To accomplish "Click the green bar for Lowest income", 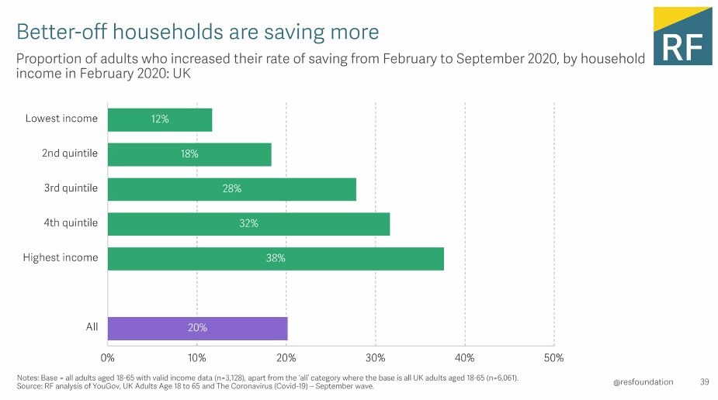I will pos(159,119).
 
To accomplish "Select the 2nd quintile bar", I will pos(189,154).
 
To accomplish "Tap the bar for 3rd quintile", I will pos(231,189).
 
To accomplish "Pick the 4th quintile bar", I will pos(248,224).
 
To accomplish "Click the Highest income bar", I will pos(276,259).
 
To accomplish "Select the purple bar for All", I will pos(197,328).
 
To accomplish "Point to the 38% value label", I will pos(276,259).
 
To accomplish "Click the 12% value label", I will pos(160,119).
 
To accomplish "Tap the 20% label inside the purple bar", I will pos(197,328).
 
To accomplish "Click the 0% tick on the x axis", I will pos(108,358).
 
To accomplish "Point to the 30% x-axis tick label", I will pos(375,358).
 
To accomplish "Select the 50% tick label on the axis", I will pos(553,358).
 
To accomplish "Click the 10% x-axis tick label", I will pos(197,358).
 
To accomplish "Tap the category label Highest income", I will pos(61,257).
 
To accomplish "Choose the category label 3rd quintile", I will pos(70,188).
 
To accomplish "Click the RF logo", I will pos(682,36).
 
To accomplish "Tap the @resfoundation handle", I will pos(643,381).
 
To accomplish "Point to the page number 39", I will pos(705,381).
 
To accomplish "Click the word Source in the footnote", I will pos(30,387).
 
